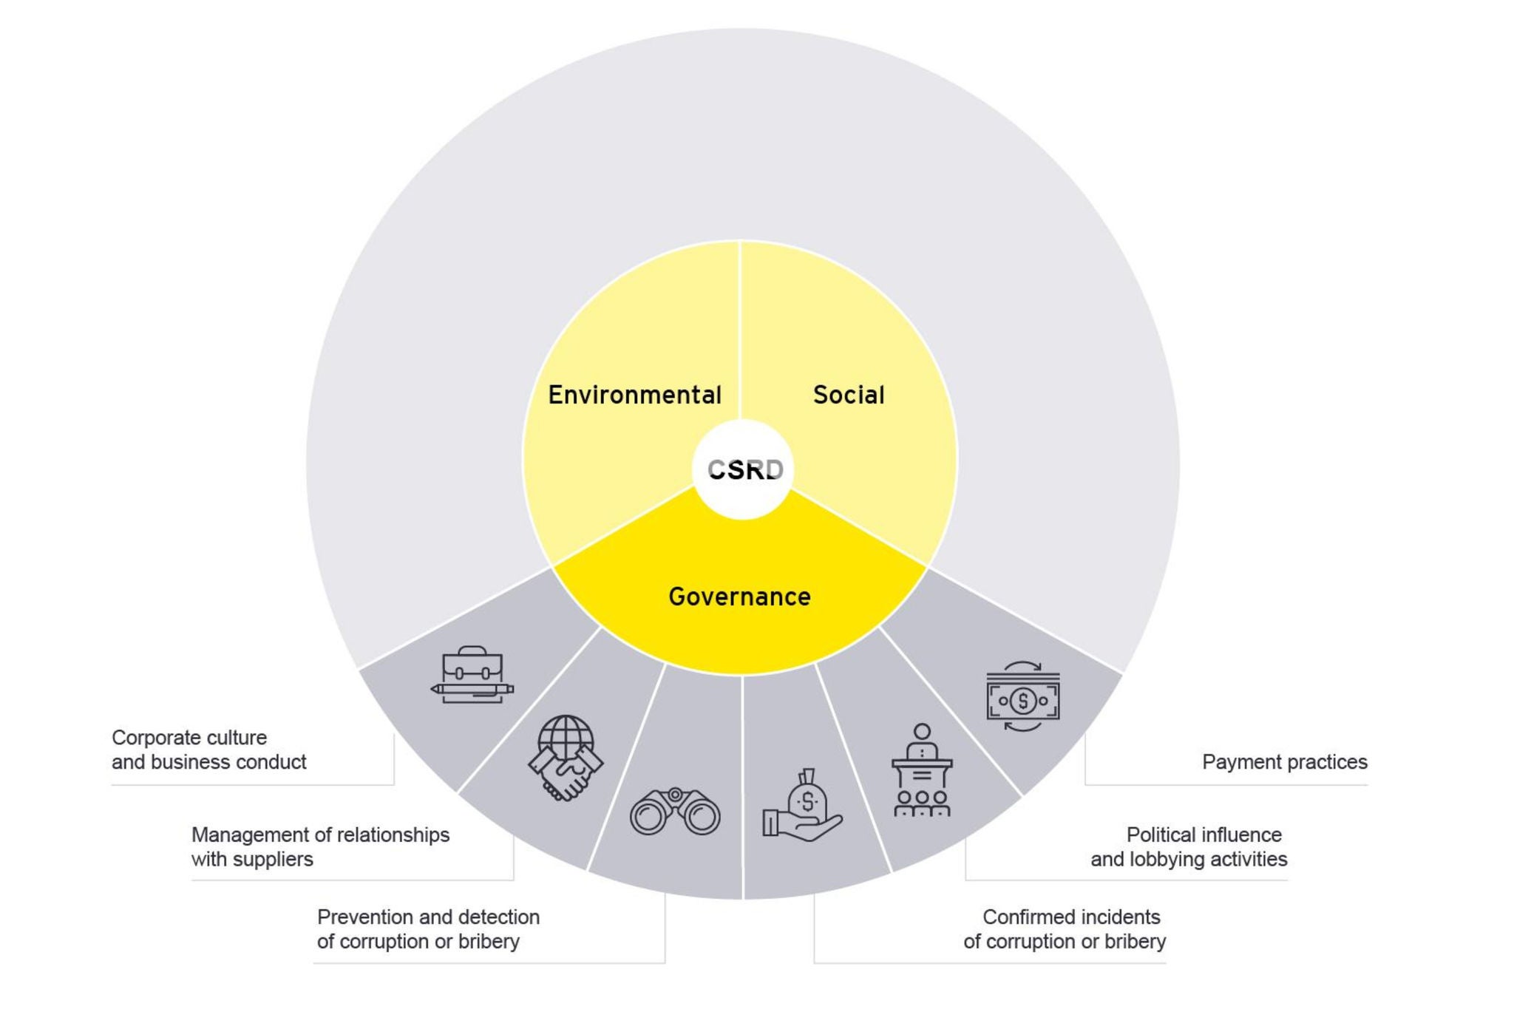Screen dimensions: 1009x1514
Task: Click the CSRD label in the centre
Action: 744,469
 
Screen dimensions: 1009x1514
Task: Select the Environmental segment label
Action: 634,395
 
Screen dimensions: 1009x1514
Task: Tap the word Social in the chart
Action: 849,395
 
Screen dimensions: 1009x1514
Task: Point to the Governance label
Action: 739,597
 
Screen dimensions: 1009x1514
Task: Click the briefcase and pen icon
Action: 472,675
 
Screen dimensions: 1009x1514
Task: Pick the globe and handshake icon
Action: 566,758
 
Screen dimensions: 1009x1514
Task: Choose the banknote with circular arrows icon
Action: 1023,696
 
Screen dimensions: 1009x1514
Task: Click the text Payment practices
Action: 1284,762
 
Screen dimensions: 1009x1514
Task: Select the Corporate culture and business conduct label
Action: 208,750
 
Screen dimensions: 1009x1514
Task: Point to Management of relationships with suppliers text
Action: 320,847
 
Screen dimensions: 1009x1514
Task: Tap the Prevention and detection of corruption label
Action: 428,929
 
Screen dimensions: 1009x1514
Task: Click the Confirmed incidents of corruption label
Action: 1065,929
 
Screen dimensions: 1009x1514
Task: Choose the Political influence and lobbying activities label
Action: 1189,847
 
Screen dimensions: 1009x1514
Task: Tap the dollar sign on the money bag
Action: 807,801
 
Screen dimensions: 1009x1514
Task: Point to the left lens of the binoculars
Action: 648,816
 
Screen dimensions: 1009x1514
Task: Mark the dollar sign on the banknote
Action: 1023,700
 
